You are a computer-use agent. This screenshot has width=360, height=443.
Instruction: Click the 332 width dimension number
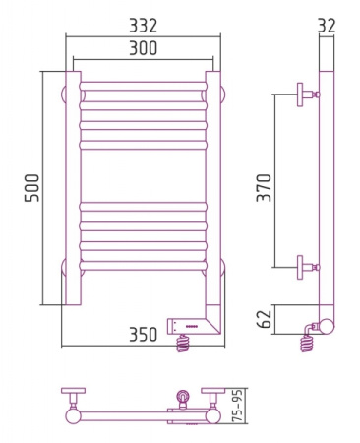coord(143,26)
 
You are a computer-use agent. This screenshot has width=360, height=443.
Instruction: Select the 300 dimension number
coord(143,48)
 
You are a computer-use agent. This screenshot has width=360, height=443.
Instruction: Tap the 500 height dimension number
coord(31,188)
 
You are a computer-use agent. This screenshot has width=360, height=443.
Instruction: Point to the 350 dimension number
coord(144,335)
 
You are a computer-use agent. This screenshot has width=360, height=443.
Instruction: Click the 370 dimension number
coord(264,187)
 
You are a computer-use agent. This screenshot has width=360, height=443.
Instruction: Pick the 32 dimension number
coord(327,26)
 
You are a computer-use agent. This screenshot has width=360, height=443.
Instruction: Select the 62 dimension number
coord(264,319)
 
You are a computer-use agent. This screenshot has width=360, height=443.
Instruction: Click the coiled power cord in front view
coord(183,343)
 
